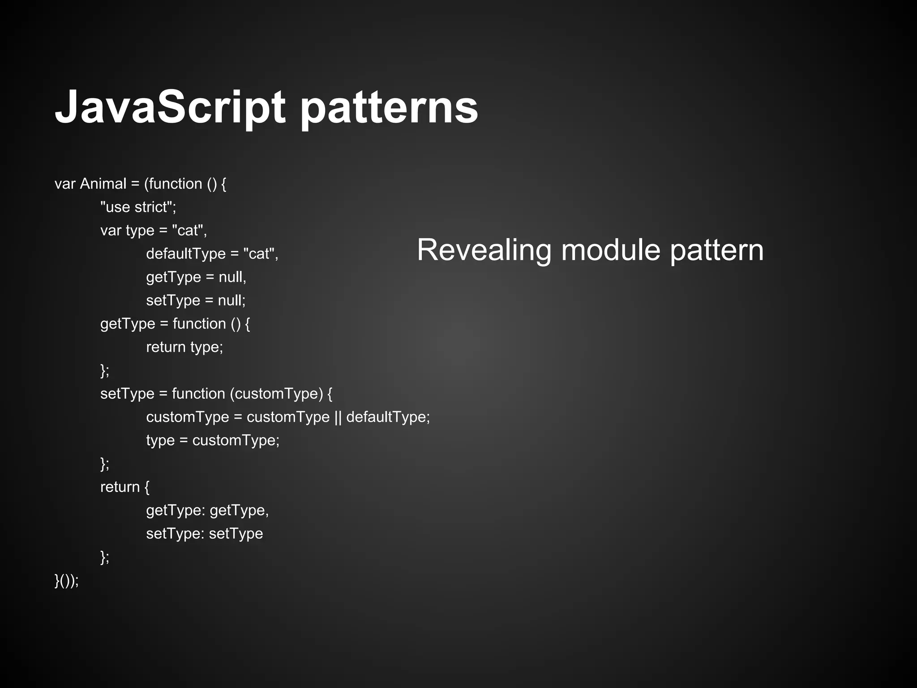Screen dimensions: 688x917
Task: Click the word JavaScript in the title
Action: [169, 107]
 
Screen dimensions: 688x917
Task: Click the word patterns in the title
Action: [389, 107]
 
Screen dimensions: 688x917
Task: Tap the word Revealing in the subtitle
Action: [484, 250]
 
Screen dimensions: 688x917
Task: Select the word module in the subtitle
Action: [611, 250]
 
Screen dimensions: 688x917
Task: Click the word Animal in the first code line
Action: [103, 184]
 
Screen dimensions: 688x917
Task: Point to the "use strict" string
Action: [138, 207]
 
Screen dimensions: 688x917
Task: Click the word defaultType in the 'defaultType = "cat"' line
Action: [186, 254]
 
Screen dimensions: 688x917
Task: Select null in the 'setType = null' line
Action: [231, 300]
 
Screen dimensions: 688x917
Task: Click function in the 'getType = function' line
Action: [199, 323]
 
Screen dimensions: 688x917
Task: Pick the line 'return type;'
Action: [184, 347]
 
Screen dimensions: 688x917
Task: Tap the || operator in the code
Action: [338, 417]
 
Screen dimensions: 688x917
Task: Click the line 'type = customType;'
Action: [213, 440]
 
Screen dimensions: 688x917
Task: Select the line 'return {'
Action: [124, 487]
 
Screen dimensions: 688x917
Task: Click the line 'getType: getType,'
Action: [207, 510]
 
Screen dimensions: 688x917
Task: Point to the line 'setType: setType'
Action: [204, 533]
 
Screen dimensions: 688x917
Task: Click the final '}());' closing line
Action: [67, 580]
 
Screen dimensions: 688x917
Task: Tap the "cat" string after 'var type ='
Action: [189, 230]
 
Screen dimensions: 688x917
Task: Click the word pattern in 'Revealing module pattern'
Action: [716, 250]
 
